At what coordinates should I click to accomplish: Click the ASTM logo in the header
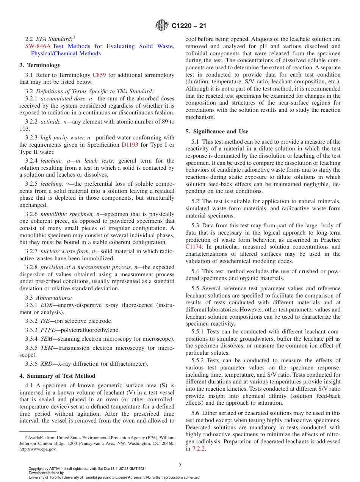[x=162, y=26]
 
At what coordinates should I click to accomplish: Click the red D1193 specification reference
[x=129, y=145]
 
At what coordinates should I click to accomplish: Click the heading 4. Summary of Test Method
[x=57, y=376]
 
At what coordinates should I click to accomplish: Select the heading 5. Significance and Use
[x=217, y=131]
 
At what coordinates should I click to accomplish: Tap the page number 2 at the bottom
[x=180, y=466]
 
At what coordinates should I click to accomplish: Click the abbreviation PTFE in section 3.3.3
[x=48, y=330]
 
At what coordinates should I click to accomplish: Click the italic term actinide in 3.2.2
[x=52, y=122]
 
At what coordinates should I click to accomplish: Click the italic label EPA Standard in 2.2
[x=54, y=39]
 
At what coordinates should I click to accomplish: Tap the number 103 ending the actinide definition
[x=25, y=129]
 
